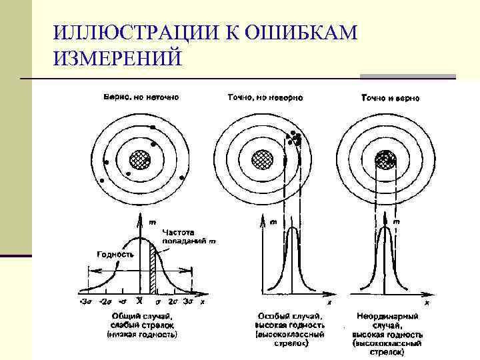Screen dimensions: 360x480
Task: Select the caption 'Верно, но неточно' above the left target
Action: click(x=141, y=97)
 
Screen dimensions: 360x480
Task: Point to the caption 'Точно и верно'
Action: click(x=390, y=98)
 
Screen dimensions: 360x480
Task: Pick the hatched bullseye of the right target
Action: click(x=385, y=159)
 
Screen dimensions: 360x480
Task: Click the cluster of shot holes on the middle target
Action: click(x=295, y=139)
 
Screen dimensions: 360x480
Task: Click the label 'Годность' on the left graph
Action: click(x=115, y=254)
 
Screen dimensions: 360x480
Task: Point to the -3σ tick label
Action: click(x=84, y=301)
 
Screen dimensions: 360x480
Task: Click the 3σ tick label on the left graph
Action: click(x=187, y=301)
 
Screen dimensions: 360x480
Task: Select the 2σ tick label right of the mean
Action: click(x=172, y=301)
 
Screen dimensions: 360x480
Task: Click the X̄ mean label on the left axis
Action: click(x=139, y=301)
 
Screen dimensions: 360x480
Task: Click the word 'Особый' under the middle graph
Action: click(x=272, y=314)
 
